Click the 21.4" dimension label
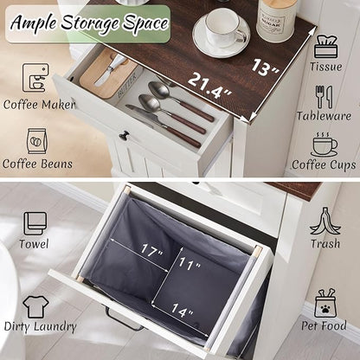tap(210, 86)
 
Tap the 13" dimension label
tap(265, 67)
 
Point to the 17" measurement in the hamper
tap(151, 250)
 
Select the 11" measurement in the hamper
tap(190, 263)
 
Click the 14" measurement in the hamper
tap(183, 310)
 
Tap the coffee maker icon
tap(35, 78)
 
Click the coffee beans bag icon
tap(37, 141)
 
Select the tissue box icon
tap(325, 47)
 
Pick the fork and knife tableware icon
tap(324, 97)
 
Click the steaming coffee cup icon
tap(324, 145)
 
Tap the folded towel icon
tap(35, 223)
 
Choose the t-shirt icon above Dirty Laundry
tap(35, 306)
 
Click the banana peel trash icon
tap(325, 221)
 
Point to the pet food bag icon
tap(325, 303)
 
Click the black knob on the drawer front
tap(125, 135)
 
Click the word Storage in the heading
tap(89, 23)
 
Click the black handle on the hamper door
tap(123, 319)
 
